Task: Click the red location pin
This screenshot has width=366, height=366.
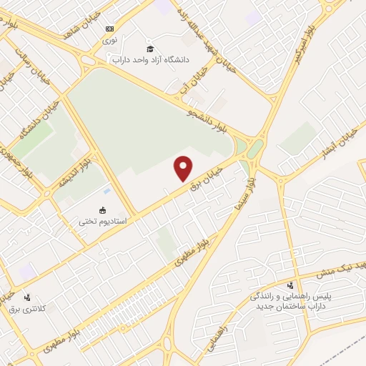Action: (x=184, y=167)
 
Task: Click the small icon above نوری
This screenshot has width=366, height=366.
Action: (x=109, y=29)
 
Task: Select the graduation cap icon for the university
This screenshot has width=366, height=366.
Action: (x=150, y=49)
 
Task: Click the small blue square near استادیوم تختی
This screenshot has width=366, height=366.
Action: (x=107, y=192)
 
